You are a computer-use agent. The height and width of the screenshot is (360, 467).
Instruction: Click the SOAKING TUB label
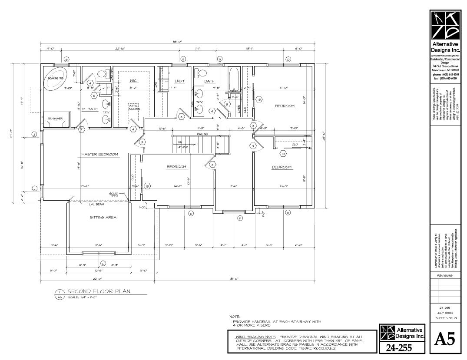[56, 78]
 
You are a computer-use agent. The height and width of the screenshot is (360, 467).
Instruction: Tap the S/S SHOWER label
[56, 118]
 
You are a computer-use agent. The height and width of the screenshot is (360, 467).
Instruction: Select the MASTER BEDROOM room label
[99, 154]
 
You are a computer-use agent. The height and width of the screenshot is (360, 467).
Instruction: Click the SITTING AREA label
[103, 218]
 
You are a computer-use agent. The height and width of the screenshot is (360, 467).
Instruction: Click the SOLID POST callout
[113, 195]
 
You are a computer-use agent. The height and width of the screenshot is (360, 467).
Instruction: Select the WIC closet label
[133, 81]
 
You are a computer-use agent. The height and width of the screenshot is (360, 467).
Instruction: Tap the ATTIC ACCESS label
[134, 107]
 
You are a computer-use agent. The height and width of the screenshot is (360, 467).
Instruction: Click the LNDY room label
[179, 81]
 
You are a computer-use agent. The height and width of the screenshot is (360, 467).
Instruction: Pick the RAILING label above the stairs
[202, 135]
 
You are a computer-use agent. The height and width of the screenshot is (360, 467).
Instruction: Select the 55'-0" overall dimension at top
[177, 42]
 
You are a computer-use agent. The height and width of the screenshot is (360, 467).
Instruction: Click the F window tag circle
[239, 218]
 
